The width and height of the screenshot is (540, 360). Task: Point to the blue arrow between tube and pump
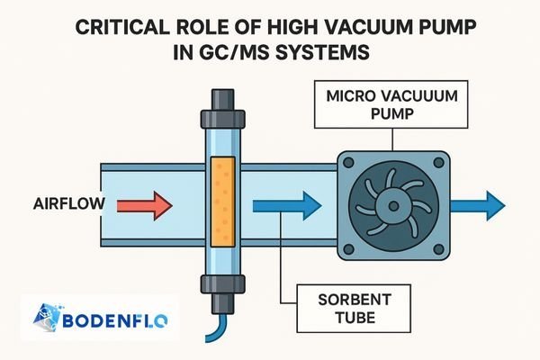coord(285,206)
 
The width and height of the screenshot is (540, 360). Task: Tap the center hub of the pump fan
coord(393,206)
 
